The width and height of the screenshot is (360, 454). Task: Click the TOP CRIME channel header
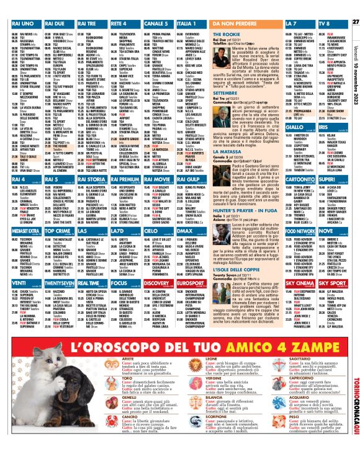click(x=55, y=211)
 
